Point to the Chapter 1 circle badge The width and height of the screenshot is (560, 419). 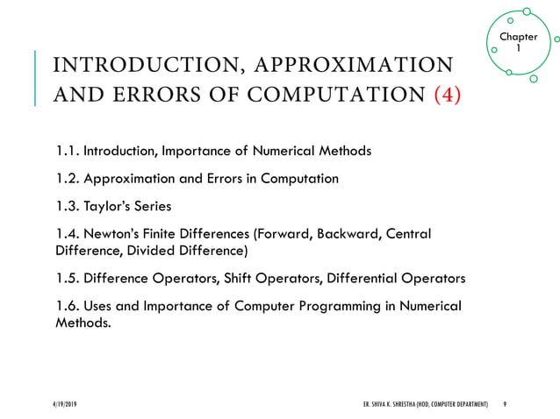point(518,42)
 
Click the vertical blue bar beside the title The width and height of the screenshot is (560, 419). point(36,79)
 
